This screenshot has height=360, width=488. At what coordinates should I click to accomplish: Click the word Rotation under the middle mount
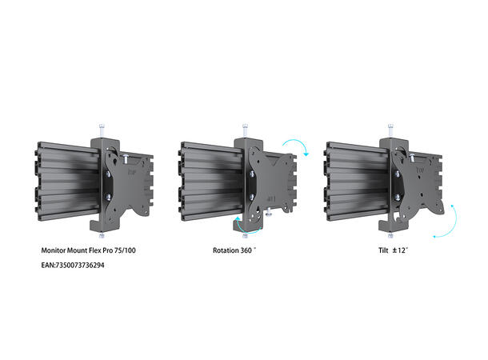(226, 250)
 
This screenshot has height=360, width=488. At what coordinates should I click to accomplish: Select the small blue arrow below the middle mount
(237, 226)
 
